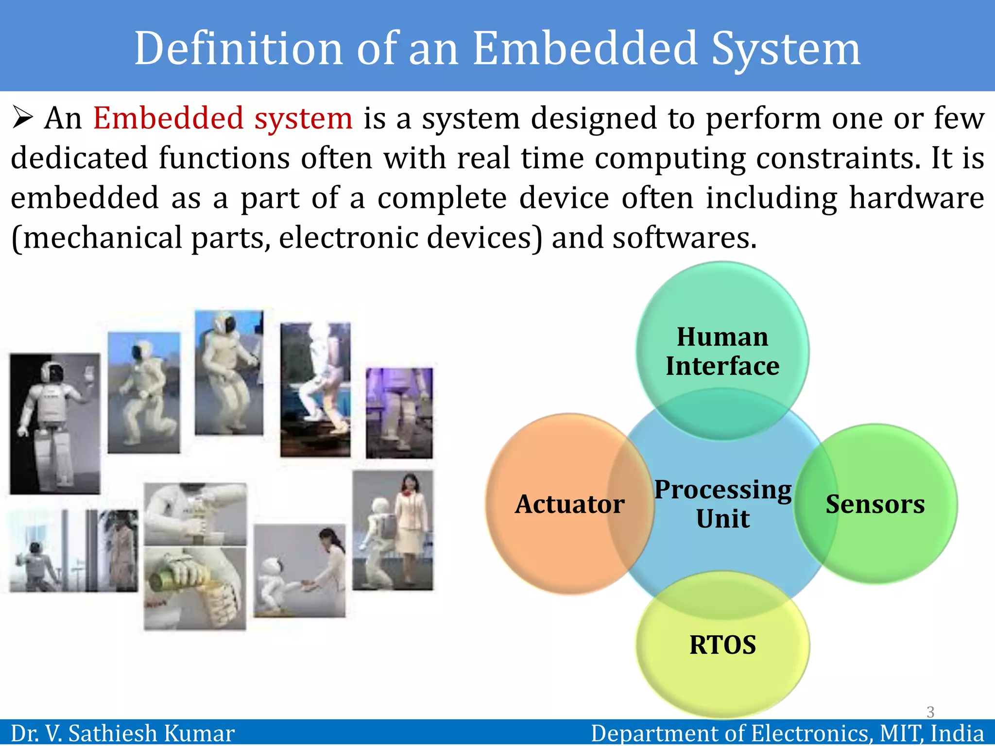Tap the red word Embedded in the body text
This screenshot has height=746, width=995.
point(168,119)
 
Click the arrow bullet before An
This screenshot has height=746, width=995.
point(23,118)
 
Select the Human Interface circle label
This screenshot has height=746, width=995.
point(722,351)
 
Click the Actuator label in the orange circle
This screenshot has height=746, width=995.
point(569,504)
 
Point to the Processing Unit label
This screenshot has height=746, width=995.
point(723,504)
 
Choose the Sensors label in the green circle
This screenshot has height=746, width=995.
point(875,504)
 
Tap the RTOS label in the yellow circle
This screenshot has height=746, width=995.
point(722,645)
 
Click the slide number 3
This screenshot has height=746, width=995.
point(930,712)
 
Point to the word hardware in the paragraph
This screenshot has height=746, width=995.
point(916,198)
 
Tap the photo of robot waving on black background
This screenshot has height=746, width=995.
point(55,424)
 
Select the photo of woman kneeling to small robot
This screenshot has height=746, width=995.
point(299,571)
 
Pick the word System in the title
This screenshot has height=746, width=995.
point(786,49)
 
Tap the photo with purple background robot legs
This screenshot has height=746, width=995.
point(399,413)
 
